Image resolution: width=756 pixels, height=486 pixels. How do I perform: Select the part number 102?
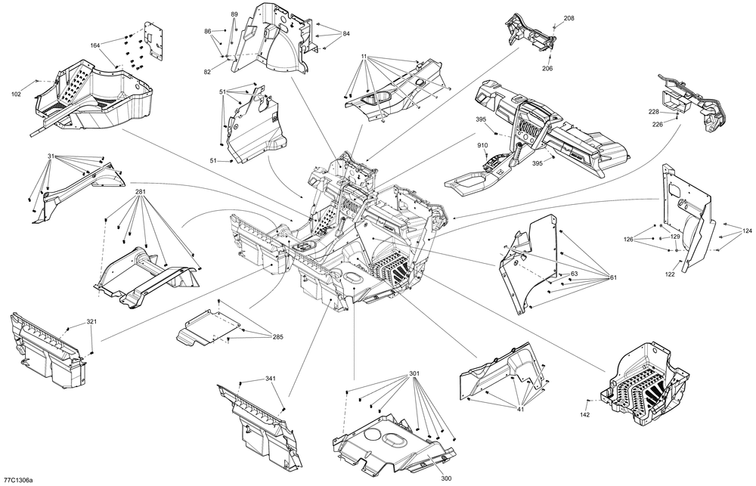click(16, 94)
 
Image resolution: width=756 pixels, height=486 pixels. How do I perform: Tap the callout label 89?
click(234, 15)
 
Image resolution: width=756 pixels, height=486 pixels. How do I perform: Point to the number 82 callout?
click(207, 72)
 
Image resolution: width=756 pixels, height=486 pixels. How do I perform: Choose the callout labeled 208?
click(569, 17)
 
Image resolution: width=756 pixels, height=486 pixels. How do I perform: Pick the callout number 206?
click(547, 69)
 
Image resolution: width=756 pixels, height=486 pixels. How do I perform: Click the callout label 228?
click(655, 111)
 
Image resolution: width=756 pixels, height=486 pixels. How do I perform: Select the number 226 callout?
click(658, 124)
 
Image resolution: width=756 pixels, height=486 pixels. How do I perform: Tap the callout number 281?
click(141, 192)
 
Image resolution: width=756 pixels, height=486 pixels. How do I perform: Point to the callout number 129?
click(676, 237)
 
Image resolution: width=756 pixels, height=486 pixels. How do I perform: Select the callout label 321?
click(91, 322)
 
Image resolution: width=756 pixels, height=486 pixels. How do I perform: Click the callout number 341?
click(271, 379)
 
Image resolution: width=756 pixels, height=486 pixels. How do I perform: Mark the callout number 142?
click(584, 414)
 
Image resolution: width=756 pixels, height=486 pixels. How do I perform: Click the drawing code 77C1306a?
click(19, 479)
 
